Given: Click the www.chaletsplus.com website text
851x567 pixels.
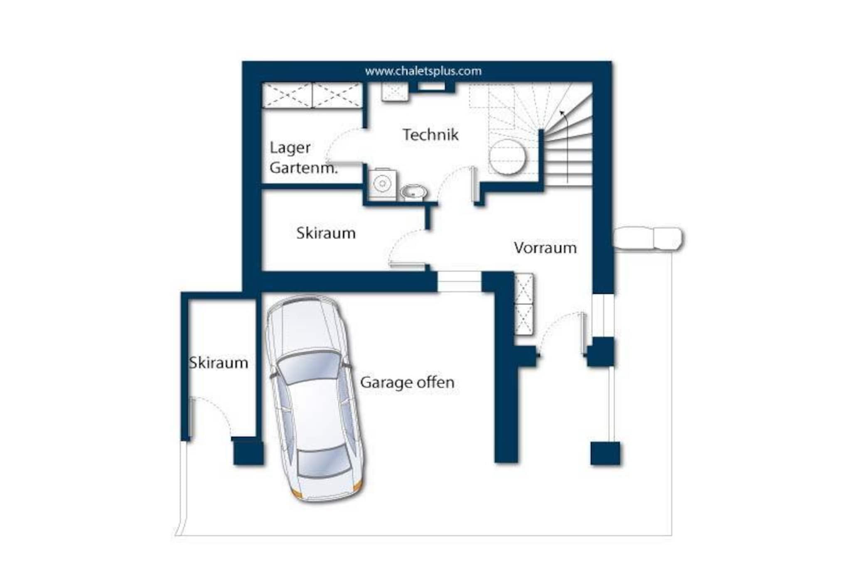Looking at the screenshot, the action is pyautogui.click(x=423, y=71).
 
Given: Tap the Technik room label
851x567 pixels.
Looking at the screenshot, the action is pyautogui.click(x=430, y=135).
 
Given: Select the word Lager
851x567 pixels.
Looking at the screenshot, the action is pyautogui.click(x=290, y=148).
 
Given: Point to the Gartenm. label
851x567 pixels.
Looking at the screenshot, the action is pyautogui.click(x=303, y=168).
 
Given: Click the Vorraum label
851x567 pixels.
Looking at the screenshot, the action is pyautogui.click(x=545, y=248).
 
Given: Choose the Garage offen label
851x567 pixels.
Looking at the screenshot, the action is pyautogui.click(x=407, y=383).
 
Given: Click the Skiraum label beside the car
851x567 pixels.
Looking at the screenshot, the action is pyautogui.click(x=219, y=363).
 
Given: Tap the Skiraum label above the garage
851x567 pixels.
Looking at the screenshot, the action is pyautogui.click(x=326, y=233).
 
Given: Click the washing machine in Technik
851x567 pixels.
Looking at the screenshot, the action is pyautogui.click(x=382, y=184).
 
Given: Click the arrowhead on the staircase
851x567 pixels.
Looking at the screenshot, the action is pyautogui.click(x=562, y=113).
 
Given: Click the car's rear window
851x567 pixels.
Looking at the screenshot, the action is pyautogui.click(x=323, y=461).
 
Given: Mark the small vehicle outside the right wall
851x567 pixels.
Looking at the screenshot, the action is pyautogui.click(x=647, y=239).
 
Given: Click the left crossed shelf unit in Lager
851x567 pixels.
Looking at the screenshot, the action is pyautogui.click(x=287, y=95).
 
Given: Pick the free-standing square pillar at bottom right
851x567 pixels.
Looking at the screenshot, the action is pyautogui.click(x=605, y=453).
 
